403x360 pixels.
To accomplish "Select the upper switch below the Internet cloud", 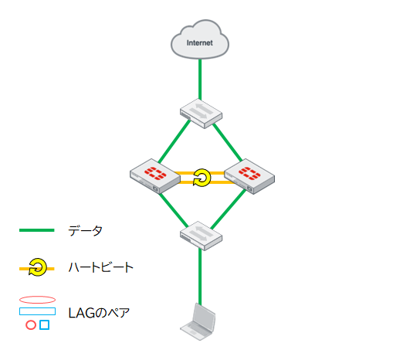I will click(201, 113).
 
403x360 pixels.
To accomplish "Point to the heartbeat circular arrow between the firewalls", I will click(201, 178).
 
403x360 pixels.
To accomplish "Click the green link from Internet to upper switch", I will click(201, 77).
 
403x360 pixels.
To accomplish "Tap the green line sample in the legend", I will click(36, 230).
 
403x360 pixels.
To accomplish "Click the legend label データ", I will click(85, 230).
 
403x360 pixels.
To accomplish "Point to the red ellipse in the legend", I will click(37, 300).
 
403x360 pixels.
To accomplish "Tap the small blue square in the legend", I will click(44, 325).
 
